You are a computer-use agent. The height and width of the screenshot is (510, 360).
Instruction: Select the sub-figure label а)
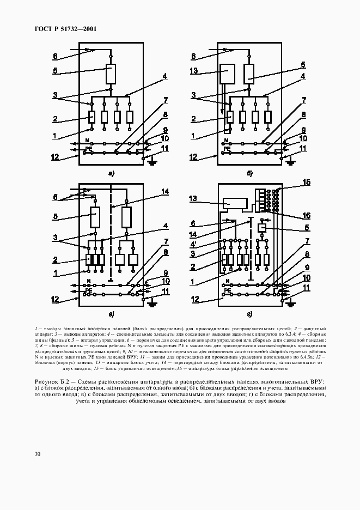[111, 174]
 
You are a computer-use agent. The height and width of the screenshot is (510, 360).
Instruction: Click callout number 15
[306, 182]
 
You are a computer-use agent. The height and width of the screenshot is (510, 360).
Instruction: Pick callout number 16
[306, 215]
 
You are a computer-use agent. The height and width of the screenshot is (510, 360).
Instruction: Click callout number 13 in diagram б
[194, 71]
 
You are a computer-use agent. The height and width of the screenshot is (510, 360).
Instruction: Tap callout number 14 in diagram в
[165, 191]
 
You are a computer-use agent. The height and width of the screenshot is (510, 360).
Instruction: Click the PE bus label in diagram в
[88, 291]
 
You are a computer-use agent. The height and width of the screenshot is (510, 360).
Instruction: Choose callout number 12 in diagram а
[55, 157]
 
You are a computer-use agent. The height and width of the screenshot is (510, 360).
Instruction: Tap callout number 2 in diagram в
[56, 260]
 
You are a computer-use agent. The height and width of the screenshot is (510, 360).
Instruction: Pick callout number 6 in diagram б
[193, 56]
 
